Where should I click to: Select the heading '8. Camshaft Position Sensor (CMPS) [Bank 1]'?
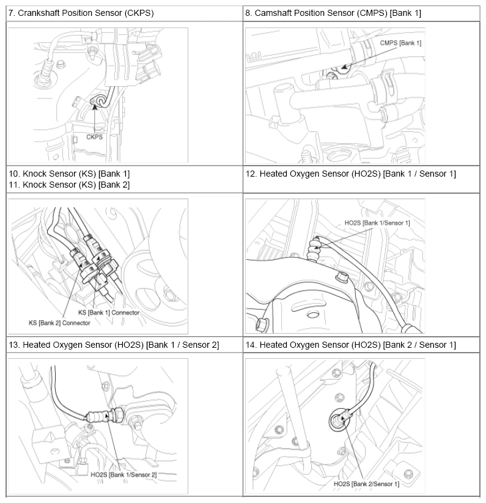pyautogui.click(x=333, y=13)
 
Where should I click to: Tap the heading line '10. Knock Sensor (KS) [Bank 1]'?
pyautogui.click(x=69, y=174)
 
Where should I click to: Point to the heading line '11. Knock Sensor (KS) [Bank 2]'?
pyautogui.click(x=69, y=185)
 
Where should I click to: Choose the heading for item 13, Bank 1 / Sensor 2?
pyautogui.click(x=114, y=345)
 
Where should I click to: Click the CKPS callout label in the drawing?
pyautogui.click(x=94, y=137)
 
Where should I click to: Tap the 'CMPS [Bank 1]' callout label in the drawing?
pyautogui.click(x=400, y=43)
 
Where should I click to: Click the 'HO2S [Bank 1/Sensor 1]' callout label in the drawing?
pyautogui.click(x=377, y=222)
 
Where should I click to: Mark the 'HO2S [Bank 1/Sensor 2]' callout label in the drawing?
pyautogui.click(x=123, y=474)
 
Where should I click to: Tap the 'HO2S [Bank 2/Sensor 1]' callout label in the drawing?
pyautogui.click(x=366, y=484)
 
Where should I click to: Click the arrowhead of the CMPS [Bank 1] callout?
pyautogui.click(x=344, y=68)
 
